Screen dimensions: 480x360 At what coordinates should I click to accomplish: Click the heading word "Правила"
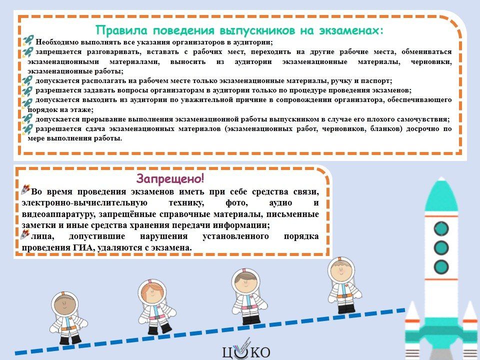(121, 30)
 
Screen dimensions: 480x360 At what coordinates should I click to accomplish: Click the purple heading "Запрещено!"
(170, 178)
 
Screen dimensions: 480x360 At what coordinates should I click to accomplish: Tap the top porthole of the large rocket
(441, 228)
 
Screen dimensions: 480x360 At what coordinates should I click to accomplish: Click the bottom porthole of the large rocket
(441, 266)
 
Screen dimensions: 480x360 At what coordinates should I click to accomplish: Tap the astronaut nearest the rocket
(344, 285)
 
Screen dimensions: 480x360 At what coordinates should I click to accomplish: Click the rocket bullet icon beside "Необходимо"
(28, 40)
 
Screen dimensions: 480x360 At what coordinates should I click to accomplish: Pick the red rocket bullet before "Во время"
(25, 189)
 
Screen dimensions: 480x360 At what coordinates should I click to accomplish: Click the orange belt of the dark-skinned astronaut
(68, 328)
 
